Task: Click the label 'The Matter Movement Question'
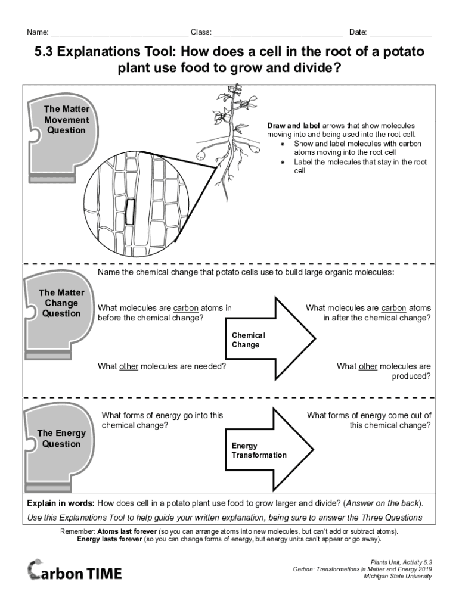pos(66,120)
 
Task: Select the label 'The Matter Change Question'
pos(61,303)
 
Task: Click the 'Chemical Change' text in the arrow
pos(248,340)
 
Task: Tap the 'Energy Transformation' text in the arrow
pos(259,450)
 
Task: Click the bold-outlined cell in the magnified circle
pos(130,212)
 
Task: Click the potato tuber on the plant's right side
pos(255,150)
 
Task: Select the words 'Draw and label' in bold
pos(293,126)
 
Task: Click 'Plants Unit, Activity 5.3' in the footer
pos(401,562)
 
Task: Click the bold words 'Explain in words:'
pos(60,503)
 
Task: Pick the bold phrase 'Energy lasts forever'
pos(110,539)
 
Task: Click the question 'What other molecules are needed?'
pos(162,366)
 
